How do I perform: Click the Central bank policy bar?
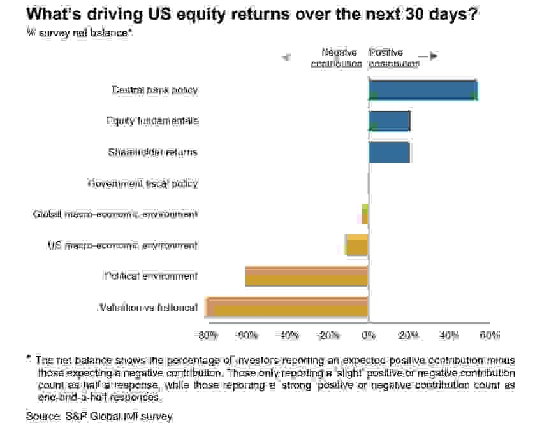click(x=423, y=90)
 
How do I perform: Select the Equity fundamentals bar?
click(x=389, y=121)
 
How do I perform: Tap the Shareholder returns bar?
click(x=389, y=152)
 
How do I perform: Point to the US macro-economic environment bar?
click(x=357, y=245)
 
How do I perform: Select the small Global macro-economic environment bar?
click(x=365, y=215)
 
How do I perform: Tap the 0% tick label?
click(x=368, y=335)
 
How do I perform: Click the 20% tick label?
click(x=409, y=335)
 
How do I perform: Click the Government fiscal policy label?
click(x=143, y=183)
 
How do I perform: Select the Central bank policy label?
click(x=155, y=90)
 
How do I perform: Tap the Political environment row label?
click(x=151, y=276)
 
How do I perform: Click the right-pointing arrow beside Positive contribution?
click(x=432, y=56)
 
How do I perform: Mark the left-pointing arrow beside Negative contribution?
click(x=286, y=57)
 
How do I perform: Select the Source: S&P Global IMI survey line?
click(x=99, y=417)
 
